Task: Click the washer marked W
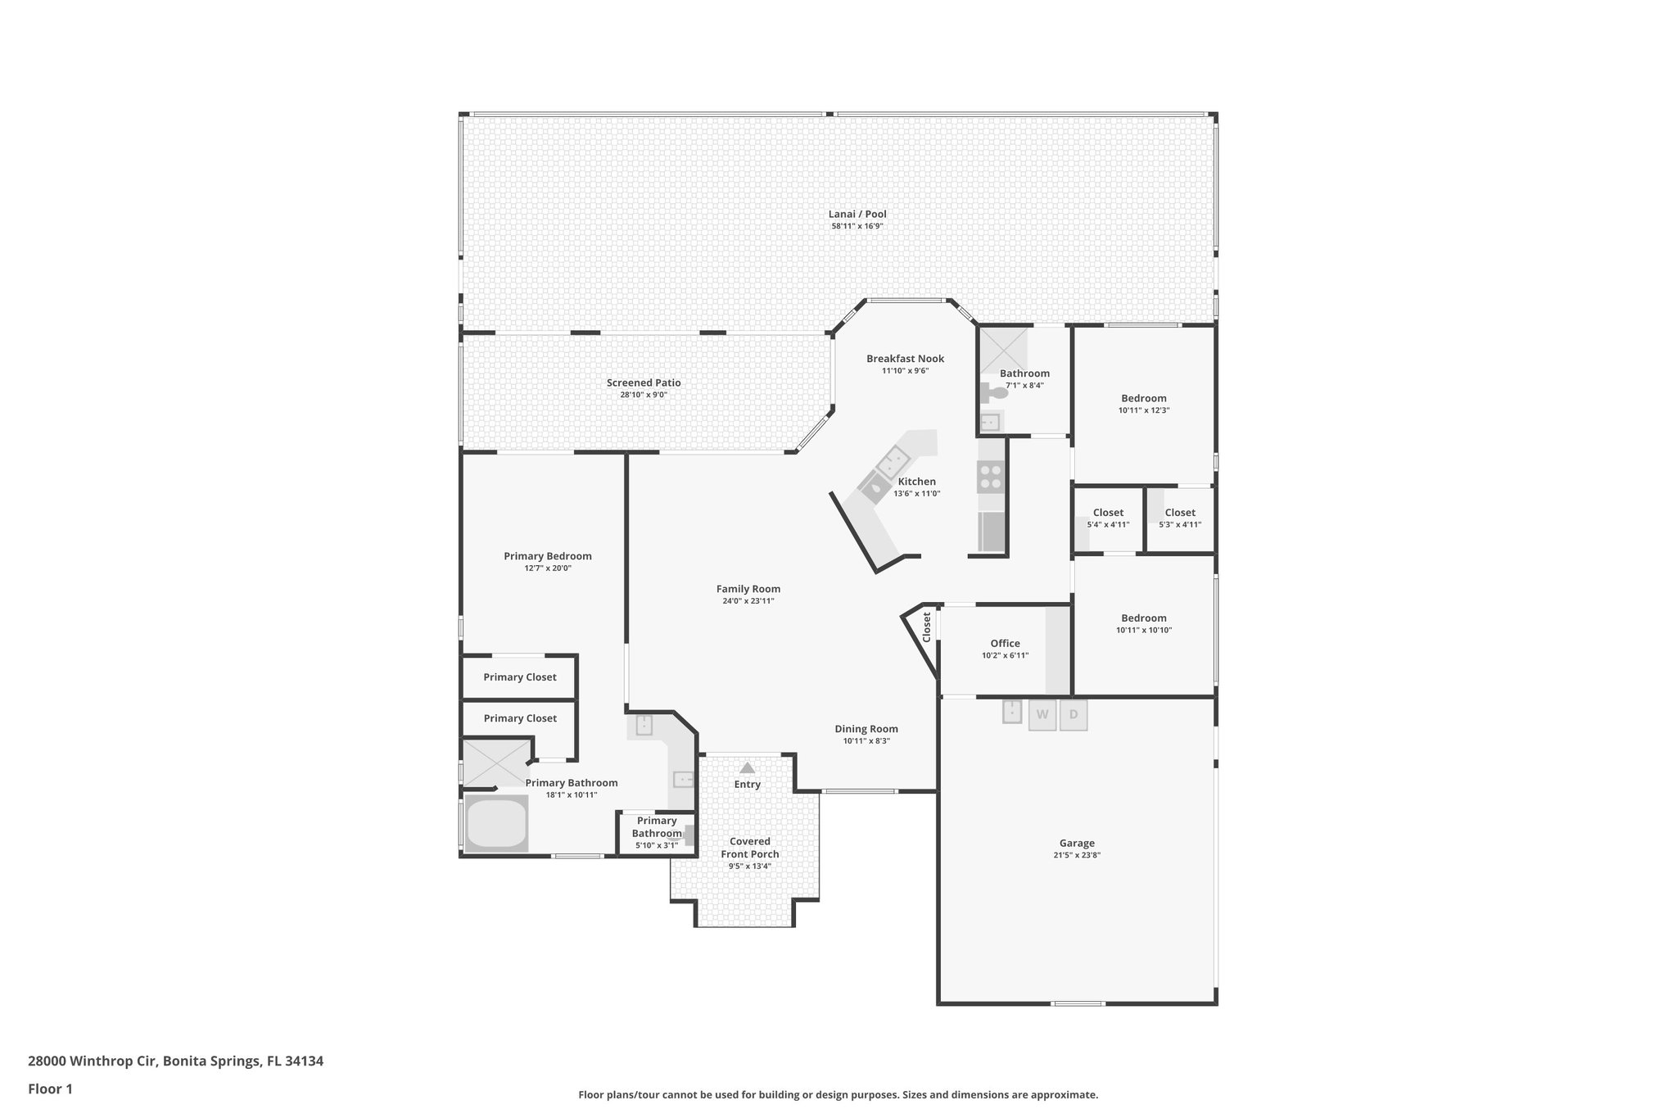(x=1042, y=714)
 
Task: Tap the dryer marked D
(x=1074, y=714)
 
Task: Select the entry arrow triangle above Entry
(x=747, y=768)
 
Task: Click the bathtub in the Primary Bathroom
(x=495, y=823)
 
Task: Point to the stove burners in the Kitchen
(x=990, y=477)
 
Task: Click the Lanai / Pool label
(x=857, y=214)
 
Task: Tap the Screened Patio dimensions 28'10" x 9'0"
(x=644, y=395)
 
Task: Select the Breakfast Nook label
(x=905, y=359)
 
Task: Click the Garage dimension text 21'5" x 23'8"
(x=1077, y=855)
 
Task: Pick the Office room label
(x=1005, y=643)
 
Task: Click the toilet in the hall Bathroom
(x=997, y=393)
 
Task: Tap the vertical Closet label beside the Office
(x=927, y=627)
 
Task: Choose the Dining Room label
(x=866, y=729)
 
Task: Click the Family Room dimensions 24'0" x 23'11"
(x=748, y=601)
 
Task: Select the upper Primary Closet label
(x=519, y=677)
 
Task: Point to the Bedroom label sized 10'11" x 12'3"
(x=1144, y=398)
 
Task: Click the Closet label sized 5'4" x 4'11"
(x=1108, y=513)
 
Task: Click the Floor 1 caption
(x=50, y=1089)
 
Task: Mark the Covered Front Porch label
(x=750, y=848)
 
